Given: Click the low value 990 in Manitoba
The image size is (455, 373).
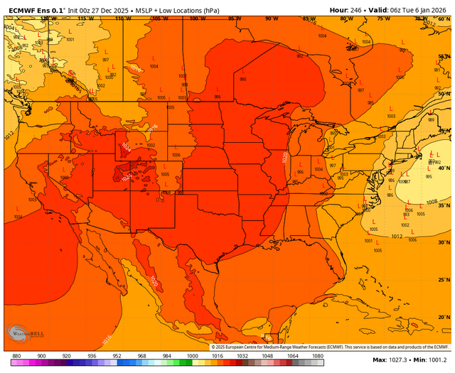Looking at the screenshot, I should tap(243, 80).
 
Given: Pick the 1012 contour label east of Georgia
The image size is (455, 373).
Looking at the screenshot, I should tap(397, 236).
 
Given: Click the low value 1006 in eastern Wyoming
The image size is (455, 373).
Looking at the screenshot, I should tap(176, 154).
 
